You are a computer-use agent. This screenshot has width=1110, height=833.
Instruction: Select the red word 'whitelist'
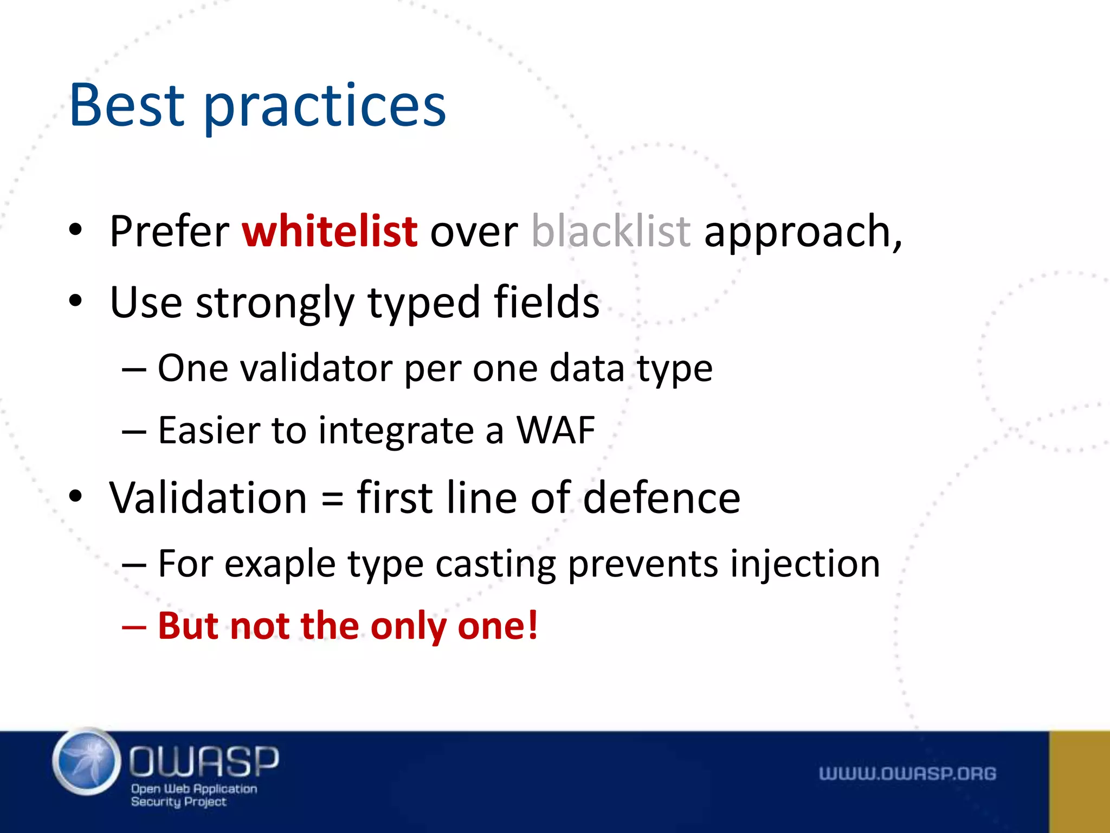330,232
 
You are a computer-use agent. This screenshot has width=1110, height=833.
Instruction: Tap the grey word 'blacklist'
611,232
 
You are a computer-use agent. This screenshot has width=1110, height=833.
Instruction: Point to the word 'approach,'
803,233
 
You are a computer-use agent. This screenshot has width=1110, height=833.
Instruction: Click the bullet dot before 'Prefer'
75,230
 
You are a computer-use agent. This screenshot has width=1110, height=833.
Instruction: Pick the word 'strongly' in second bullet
275,304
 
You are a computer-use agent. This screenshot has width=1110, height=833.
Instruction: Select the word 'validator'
316,368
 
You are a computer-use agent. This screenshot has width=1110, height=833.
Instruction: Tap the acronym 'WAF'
556,431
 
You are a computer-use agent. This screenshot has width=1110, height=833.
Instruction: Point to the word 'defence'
661,498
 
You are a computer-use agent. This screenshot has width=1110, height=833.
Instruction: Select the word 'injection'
804,565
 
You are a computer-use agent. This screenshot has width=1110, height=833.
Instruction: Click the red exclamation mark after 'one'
532,625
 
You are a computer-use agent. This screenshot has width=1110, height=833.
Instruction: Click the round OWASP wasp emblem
87,762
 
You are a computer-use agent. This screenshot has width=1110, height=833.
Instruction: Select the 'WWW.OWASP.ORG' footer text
907,773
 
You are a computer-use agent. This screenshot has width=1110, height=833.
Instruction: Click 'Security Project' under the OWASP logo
178,802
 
